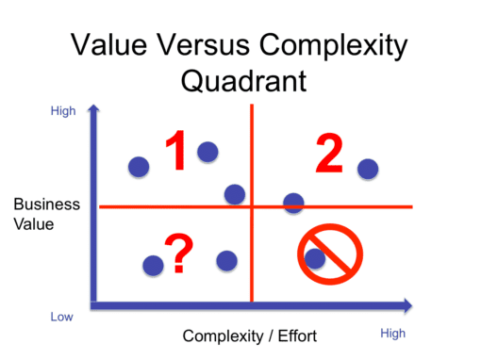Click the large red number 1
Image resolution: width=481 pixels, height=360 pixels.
[x=176, y=154]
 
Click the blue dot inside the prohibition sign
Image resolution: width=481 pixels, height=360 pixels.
[x=315, y=257]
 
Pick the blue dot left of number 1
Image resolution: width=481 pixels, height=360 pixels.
[x=139, y=168]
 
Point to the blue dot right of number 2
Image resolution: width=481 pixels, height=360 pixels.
[x=368, y=170]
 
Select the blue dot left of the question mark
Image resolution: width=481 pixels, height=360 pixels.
[x=153, y=266]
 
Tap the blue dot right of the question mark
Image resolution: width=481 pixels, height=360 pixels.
[x=226, y=260]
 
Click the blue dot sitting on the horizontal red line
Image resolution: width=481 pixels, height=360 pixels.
[x=294, y=203]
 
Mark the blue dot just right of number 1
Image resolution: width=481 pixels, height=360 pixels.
[x=207, y=151]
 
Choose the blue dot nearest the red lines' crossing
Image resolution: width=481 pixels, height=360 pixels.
[x=235, y=194]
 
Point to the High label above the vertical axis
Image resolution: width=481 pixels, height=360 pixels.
[x=63, y=111]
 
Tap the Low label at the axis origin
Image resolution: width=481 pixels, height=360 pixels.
[x=61, y=317]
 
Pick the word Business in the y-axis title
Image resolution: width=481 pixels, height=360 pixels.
[x=47, y=205]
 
